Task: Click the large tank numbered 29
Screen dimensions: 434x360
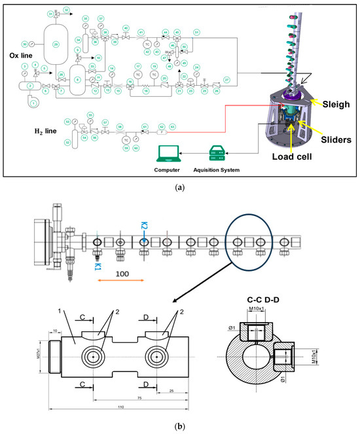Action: tap(46, 44)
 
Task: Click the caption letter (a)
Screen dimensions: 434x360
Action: tap(179, 187)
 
